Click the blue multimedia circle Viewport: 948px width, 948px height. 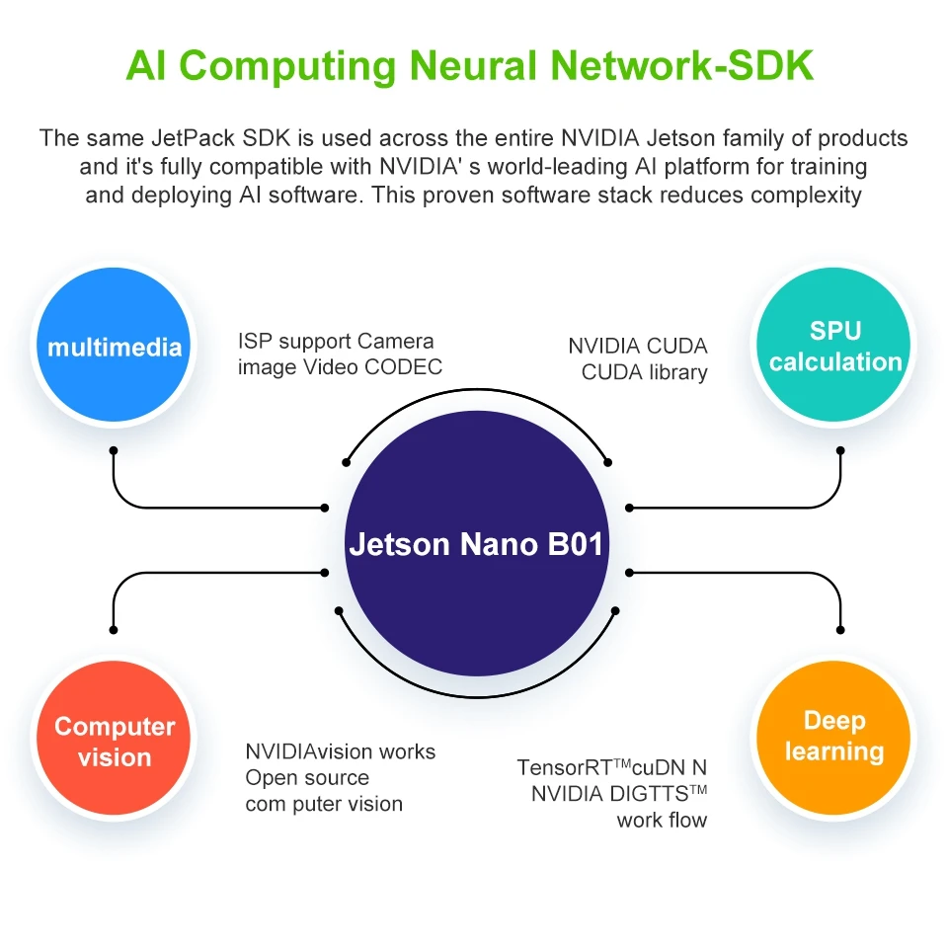click(115, 347)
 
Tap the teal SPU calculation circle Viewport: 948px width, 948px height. click(835, 347)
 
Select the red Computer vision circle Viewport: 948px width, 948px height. click(115, 742)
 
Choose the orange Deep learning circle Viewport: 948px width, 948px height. click(834, 736)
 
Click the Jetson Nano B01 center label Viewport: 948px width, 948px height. click(476, 544)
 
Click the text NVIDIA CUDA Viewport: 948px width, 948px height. click(637, 347)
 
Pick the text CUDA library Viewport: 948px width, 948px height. click(644, 372)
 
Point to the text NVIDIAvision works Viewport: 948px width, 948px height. click(340, 751)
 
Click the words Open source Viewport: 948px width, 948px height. click(307, 778)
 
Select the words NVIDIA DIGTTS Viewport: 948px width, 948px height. click(609, 793)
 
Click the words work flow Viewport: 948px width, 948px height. click(662, 820)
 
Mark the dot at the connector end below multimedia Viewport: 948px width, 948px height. click(114, 450)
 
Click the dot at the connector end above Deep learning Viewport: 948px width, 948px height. click(840, 629)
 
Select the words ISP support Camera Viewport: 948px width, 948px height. click(336, 342)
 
